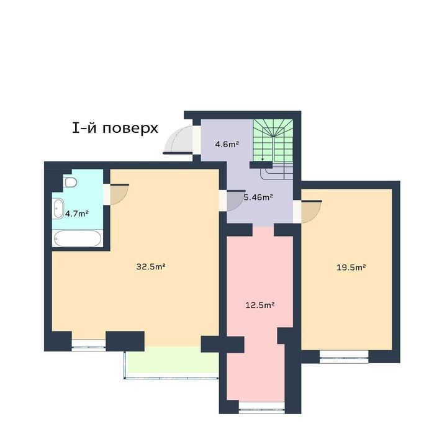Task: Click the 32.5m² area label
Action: pos(151,266)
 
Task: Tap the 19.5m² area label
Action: pos(351,268)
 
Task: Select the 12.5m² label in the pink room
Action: pos(260,305)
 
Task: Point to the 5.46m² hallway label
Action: pos(258,197)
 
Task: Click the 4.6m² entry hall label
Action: pos(227,144)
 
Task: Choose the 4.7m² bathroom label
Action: pos(77,214)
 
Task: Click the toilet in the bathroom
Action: pos(70,183)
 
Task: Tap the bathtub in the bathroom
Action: pos(78,238)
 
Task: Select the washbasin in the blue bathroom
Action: pos(59,209)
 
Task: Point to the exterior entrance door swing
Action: pos(179,140)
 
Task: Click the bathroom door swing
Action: pos(119,194)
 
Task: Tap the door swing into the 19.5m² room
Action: pos(311,211)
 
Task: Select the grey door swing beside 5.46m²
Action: pos(235,201)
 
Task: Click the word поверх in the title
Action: pos(130,129)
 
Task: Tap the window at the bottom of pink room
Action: pos(261,407)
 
